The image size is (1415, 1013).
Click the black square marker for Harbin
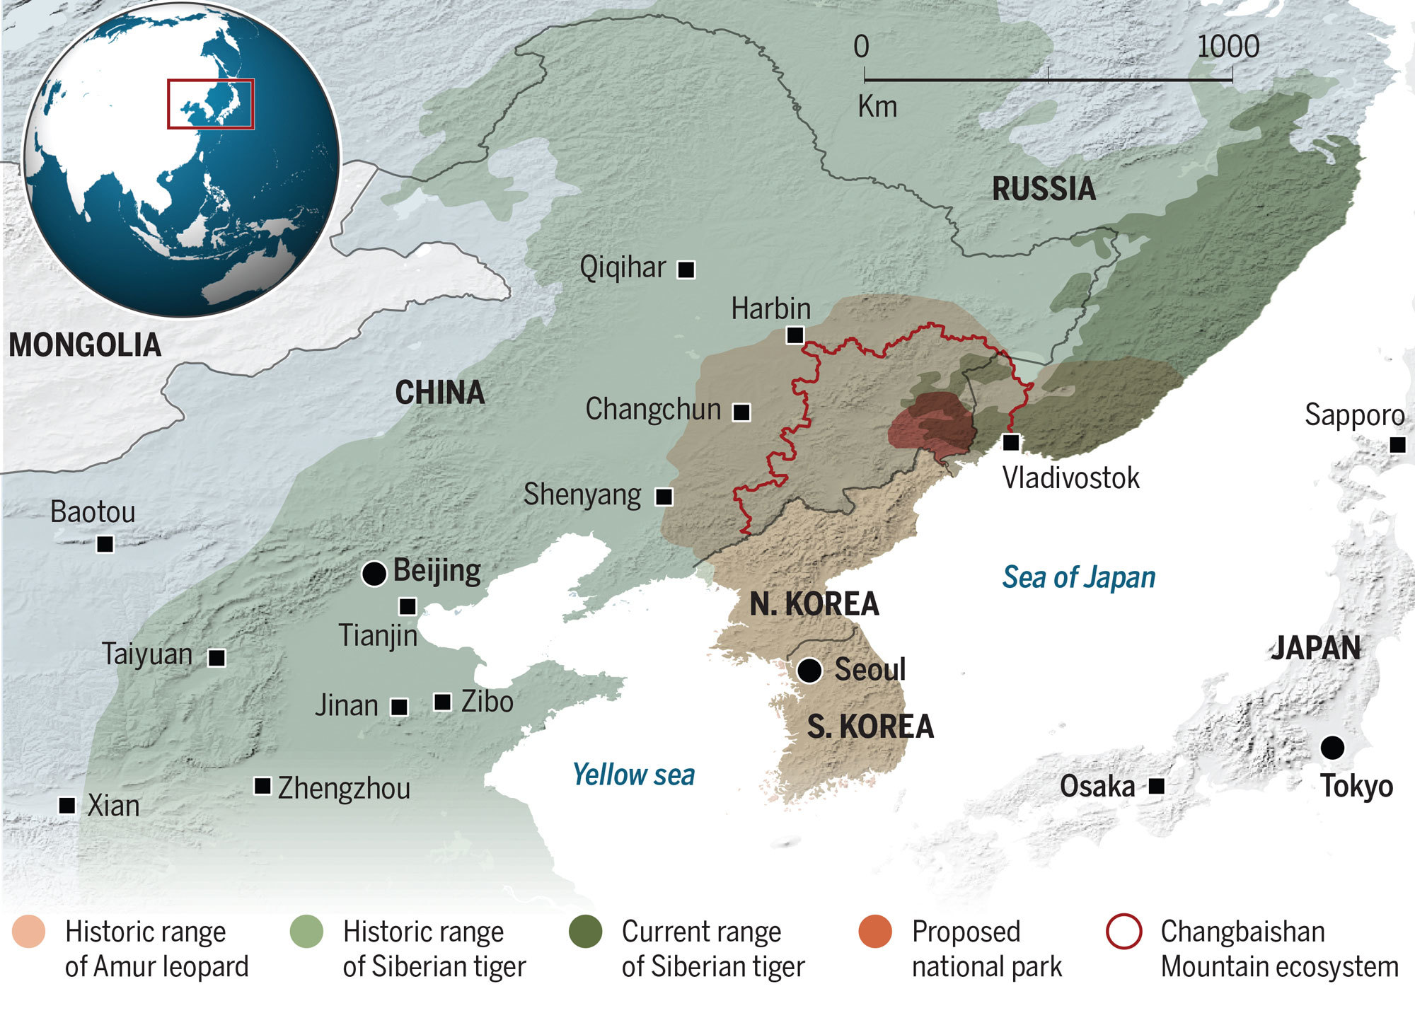tap(795, 335)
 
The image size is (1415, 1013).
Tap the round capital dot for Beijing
tap(374, 574)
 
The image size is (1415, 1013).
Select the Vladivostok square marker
tap(1012, 442)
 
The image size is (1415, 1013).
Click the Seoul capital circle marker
tap(809, 670)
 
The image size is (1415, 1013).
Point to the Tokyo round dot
tap(1332, 748)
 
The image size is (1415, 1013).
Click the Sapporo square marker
tap(1397, 445)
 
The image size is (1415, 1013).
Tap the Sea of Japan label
tap(1078, 577)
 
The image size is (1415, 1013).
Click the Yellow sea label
tap(633, 775)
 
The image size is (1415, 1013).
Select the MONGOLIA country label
tap(85, 345)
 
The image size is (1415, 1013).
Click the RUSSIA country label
tap(1044, 189)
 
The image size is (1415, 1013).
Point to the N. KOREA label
tap(814, 604)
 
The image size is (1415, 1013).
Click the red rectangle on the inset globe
tap(210, 104)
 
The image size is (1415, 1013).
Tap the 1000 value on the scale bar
tap(1228, 47)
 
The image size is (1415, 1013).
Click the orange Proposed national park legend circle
tap(875, 932)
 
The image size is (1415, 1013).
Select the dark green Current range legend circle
tap(586, 932)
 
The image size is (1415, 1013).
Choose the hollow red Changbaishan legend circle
tap(1124, 932)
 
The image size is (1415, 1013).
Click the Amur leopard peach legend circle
tap(29, 932)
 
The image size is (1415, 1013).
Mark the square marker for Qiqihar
tap(686, 270)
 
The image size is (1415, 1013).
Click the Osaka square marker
tap(1156, 786)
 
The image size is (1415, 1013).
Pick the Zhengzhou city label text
tap(344, 788)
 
